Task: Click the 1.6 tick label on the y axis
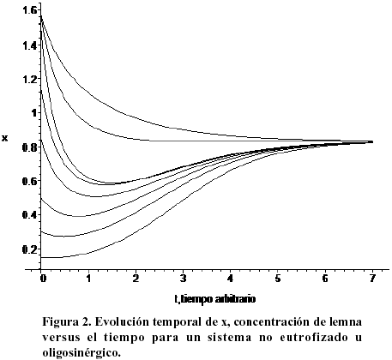pos(30,10)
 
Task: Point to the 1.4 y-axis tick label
pos(30,45)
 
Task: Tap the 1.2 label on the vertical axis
pos(30,79)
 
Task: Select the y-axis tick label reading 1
pos(34,113)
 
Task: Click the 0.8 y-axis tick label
pos(30,147)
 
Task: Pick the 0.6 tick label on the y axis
pos(30,181)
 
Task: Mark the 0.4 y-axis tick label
pos(30,214)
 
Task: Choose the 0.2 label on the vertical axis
pos(30,249)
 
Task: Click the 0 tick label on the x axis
pos(43,279)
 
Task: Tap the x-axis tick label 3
pos(183,279)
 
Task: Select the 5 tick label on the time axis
pos(278,279)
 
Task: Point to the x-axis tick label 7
pos(371,279)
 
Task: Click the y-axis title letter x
pos(5,139)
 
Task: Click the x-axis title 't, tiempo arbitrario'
pos(214,299)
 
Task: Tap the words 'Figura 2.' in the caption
pos(67,322)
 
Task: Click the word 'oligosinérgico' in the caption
pos(80,353)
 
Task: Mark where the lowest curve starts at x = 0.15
pos(41,258)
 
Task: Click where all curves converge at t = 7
pos(371,141)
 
